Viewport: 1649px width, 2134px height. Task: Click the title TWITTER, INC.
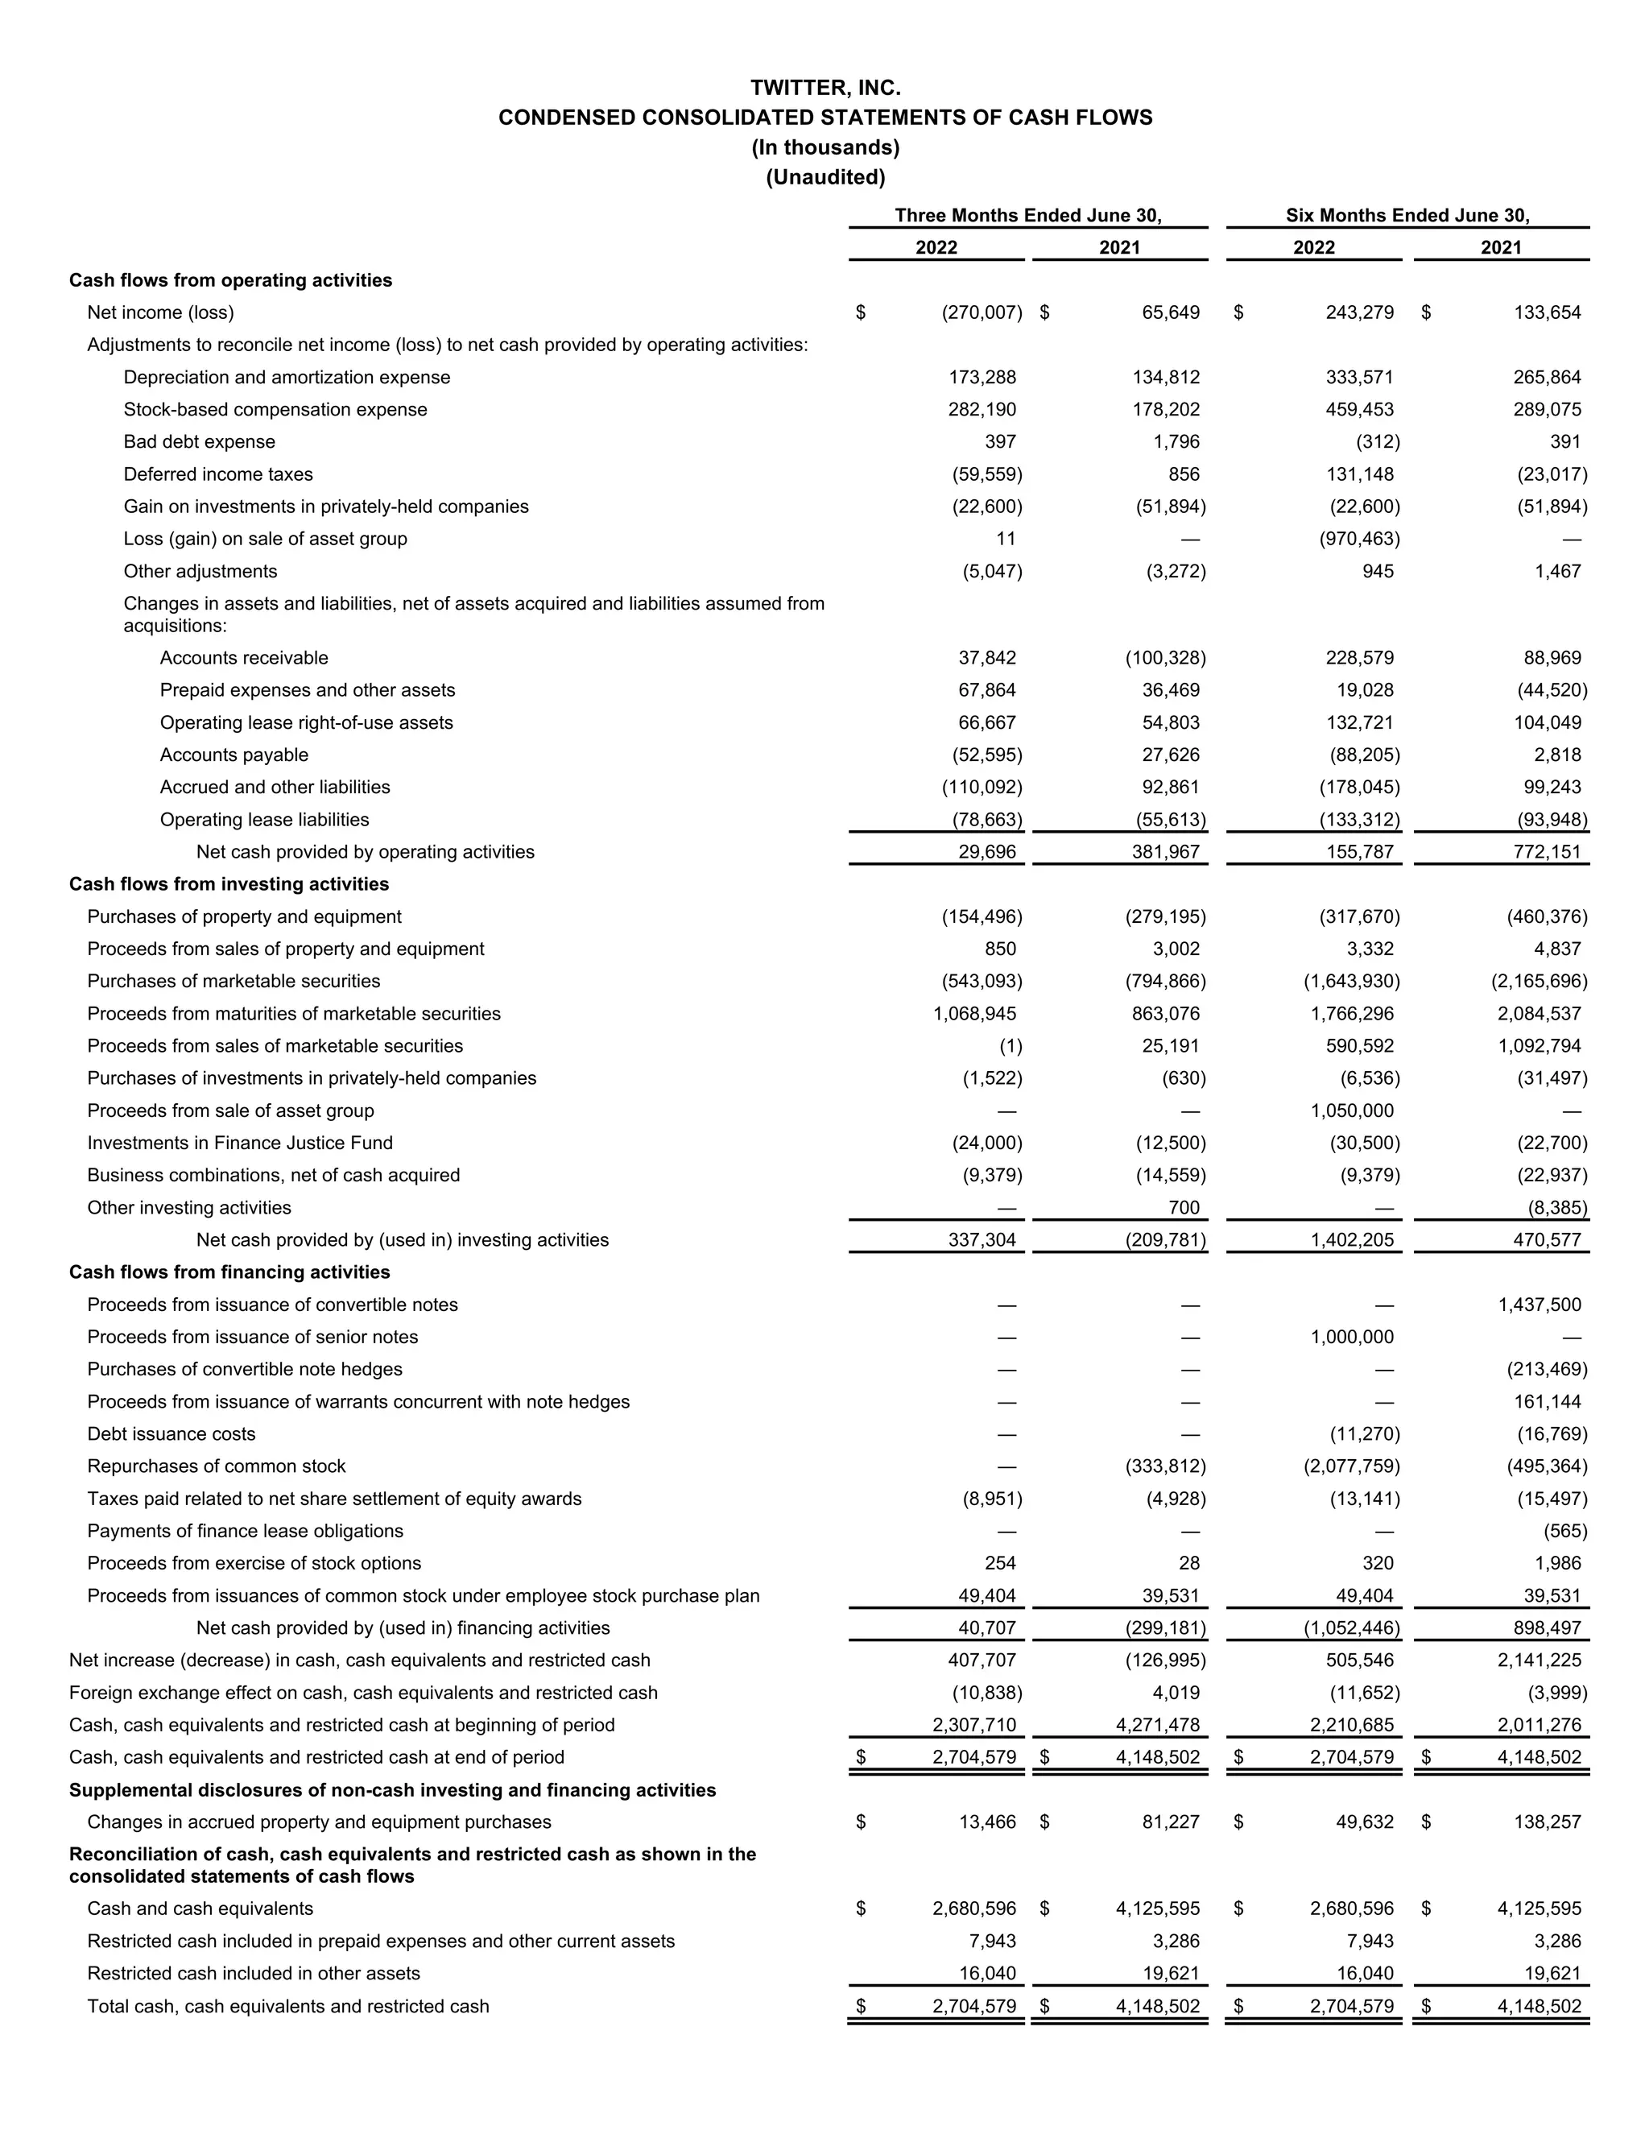825,88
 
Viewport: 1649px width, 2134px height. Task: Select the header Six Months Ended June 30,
1407,215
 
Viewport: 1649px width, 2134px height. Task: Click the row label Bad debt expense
200,441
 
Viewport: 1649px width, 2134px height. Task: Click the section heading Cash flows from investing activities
229,884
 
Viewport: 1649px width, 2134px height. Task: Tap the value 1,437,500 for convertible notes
1539,1305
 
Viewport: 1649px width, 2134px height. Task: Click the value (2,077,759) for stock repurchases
1352,1466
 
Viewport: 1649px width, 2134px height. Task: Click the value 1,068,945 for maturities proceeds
975,1013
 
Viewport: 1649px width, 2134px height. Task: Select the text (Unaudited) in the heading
825,177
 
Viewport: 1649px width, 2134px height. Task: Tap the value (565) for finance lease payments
1565,1530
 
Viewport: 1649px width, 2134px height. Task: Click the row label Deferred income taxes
218,474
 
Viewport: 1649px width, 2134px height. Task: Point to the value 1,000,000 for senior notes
1352,1337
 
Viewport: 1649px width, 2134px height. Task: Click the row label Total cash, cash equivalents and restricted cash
288,2006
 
